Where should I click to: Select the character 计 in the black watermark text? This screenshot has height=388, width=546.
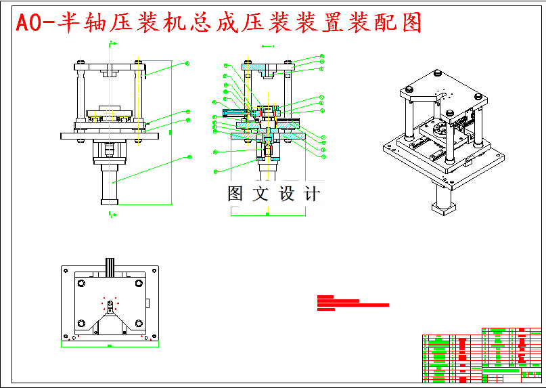pyautogui.click(x=311, y=194)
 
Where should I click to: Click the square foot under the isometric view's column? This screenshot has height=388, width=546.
pyautogui.click(x=444, y=207)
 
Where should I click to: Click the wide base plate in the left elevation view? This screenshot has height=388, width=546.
pyautogui.click(x=109, y=135)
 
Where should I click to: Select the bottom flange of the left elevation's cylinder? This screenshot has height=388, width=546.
pyautogui.click(x=109, y=201)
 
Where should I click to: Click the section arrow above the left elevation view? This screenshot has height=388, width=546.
pyautogui.click(x=111, y=45)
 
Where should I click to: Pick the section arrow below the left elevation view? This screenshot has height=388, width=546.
pyautogui.click(x=111, y=214)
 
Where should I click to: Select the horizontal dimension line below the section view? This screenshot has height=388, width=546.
pyautogui.click(x=267, y=215)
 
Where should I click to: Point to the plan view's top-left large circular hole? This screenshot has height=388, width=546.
pyautogui.click(x=81, y=284)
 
